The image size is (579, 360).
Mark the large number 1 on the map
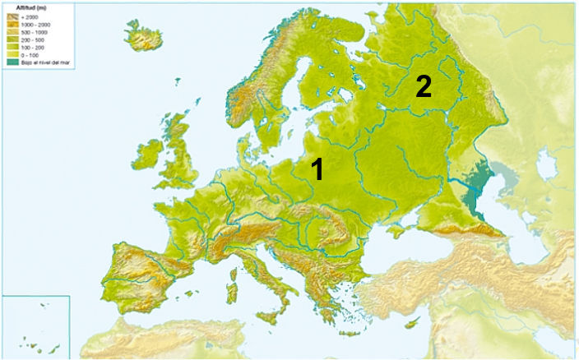click(317, 169)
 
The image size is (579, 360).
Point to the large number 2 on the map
click(423, 86)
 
